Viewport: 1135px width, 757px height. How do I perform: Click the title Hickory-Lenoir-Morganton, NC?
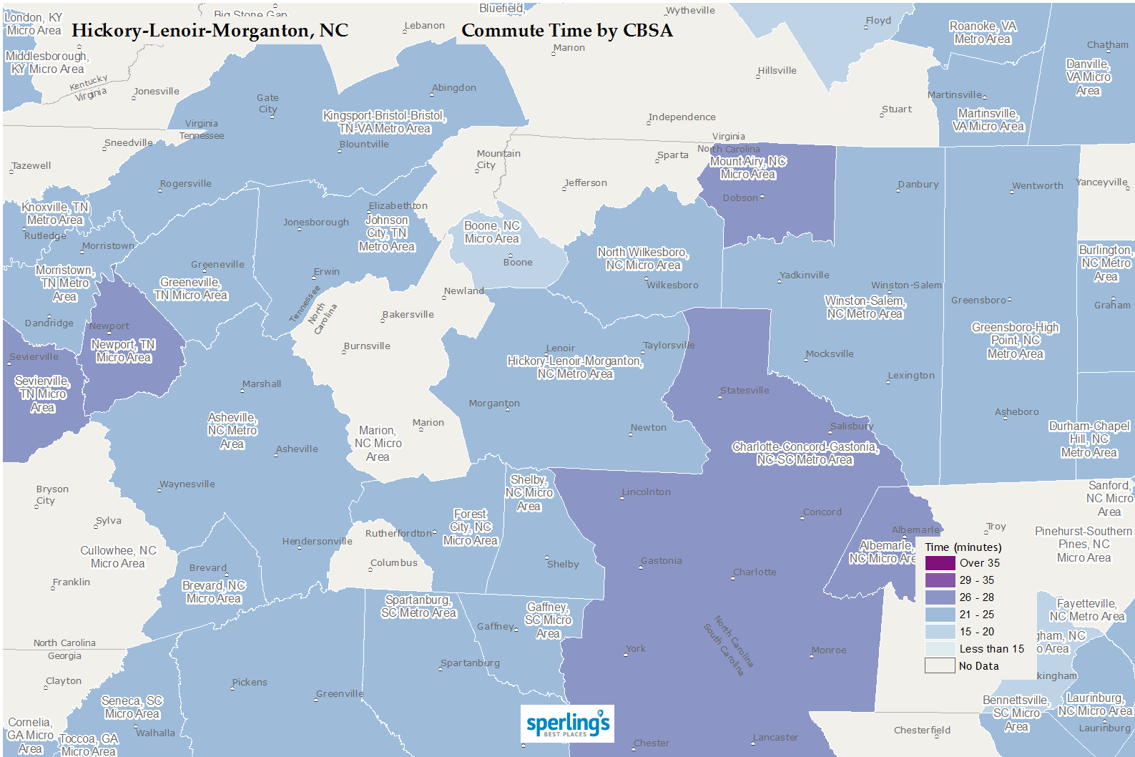(210, 31)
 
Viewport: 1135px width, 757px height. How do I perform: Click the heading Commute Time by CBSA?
(566, 31)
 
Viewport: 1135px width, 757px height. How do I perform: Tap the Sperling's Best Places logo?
(567, 724)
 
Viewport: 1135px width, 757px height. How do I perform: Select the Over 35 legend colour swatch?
(940, 563)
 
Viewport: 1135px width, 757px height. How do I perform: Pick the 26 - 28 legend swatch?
(940, 597)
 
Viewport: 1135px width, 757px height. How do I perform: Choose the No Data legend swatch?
(940, 666)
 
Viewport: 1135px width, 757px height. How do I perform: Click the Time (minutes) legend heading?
(963, 547)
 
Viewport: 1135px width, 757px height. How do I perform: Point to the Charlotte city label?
(755, 572)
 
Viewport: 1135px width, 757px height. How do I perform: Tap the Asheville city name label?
(297, 449)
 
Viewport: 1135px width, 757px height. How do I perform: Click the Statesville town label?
(745, 391)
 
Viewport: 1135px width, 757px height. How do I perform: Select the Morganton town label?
(494, 404)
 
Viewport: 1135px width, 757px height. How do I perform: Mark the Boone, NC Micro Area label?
(491, 233)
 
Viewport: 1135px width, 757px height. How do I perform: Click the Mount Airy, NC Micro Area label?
(747, 168)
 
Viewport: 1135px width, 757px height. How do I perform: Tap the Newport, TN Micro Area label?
(123, 351)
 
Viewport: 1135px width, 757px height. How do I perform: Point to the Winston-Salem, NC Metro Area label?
(865, 307)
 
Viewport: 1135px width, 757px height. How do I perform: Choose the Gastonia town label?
(661, 561)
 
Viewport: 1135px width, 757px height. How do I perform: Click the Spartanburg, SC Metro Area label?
(418, 606)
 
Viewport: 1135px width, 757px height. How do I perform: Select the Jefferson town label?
(585, 183)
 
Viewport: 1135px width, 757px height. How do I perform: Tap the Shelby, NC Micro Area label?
(529, 493)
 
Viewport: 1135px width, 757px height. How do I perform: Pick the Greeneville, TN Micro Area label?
(191, 288)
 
